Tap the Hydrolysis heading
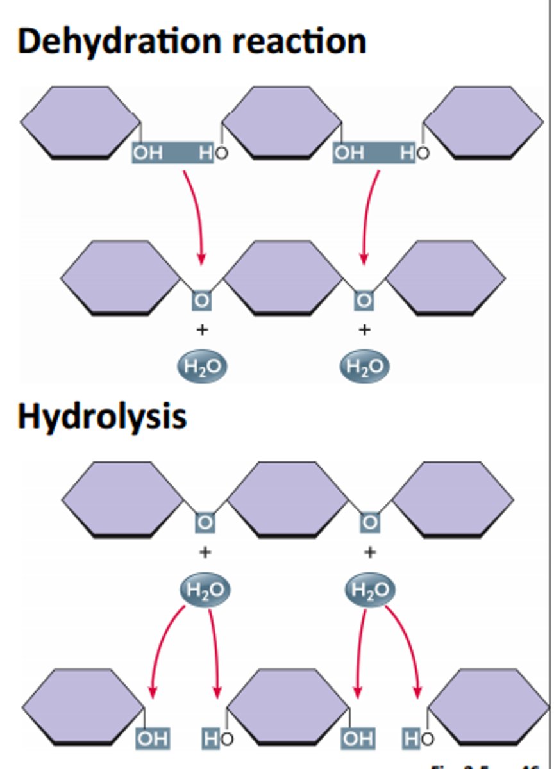102,417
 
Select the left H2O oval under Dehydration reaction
202,367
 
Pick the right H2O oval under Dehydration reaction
364,367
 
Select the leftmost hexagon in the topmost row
81,122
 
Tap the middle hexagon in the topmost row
282,122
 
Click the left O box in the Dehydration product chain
202,300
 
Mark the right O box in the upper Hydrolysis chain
369,522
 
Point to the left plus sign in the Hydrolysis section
205,552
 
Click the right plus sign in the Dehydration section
364,330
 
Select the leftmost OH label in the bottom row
153,739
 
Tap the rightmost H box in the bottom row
410,739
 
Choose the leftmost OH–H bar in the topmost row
172,153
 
